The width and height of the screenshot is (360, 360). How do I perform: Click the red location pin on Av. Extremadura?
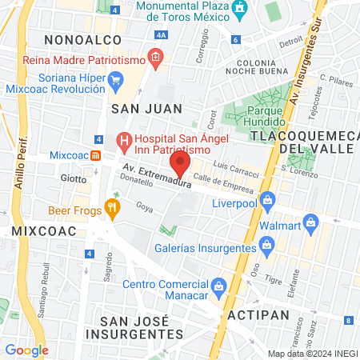coord(180,166)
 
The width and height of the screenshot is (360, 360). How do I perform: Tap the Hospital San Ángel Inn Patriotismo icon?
coord(124,142)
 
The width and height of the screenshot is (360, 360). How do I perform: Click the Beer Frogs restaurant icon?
coord(113,210)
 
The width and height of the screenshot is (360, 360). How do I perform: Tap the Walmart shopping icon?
coord(314,225)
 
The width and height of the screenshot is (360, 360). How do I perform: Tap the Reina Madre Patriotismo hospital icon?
coord(155,57)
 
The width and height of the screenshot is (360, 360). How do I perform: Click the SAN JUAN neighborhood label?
coord(146,107)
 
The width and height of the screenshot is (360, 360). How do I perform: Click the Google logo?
coord(27,350)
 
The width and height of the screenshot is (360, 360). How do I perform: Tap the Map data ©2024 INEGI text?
coord(312,354)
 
